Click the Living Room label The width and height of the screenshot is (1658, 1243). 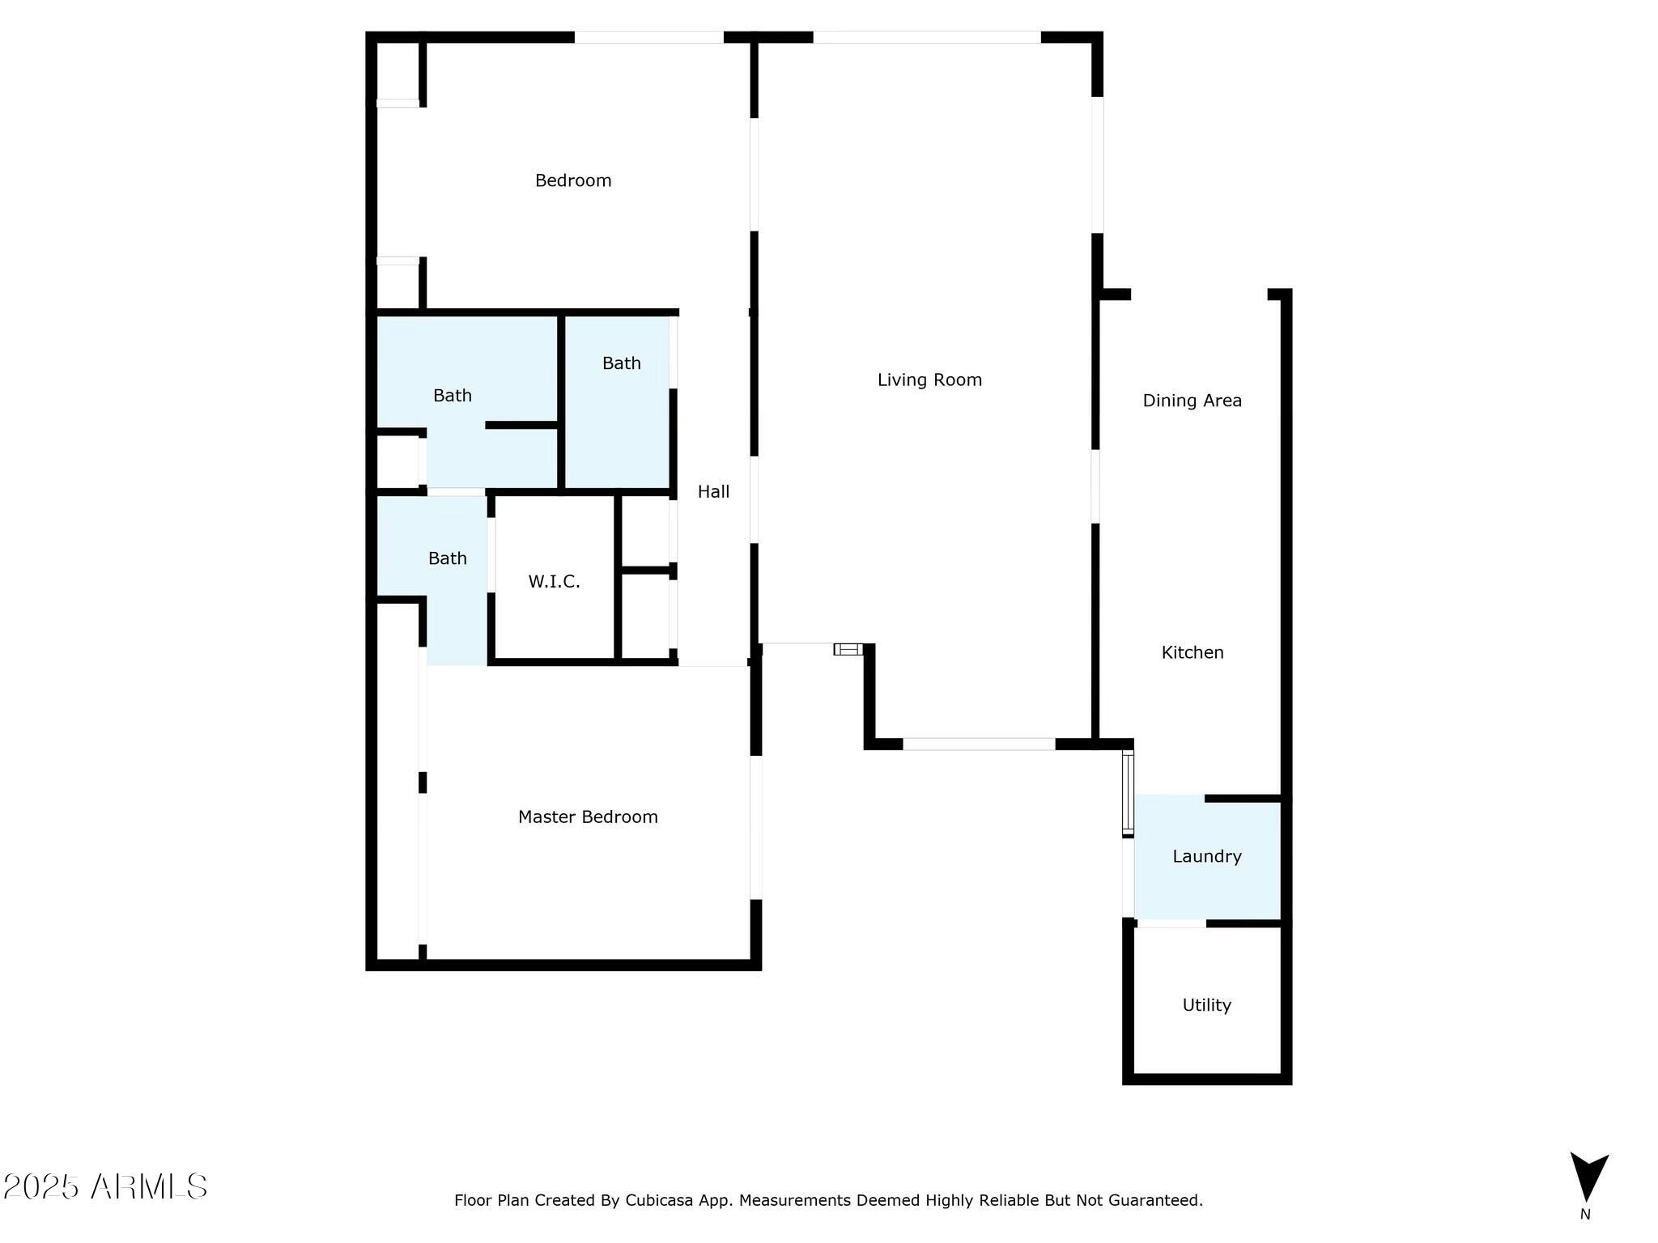(929, 380)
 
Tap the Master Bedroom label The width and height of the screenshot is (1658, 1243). (588, 817)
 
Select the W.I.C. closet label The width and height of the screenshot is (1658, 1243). (554, 582)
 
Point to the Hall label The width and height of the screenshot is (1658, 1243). (713, 492)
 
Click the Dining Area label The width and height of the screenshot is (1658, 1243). (1192, 401)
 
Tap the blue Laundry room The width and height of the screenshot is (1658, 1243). (1206, 857)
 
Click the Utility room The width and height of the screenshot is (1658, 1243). (1206, 1005)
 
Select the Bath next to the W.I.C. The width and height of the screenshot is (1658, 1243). (447, 558)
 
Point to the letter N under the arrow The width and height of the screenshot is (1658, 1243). (1585, 1215)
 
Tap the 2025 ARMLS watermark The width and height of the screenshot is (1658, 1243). (105, 1187)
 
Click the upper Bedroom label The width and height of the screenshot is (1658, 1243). (573, 180)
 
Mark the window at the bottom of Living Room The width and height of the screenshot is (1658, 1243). (979, 745)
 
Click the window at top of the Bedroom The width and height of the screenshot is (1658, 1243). (648, 37)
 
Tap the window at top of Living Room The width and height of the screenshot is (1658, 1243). (926, 37)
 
